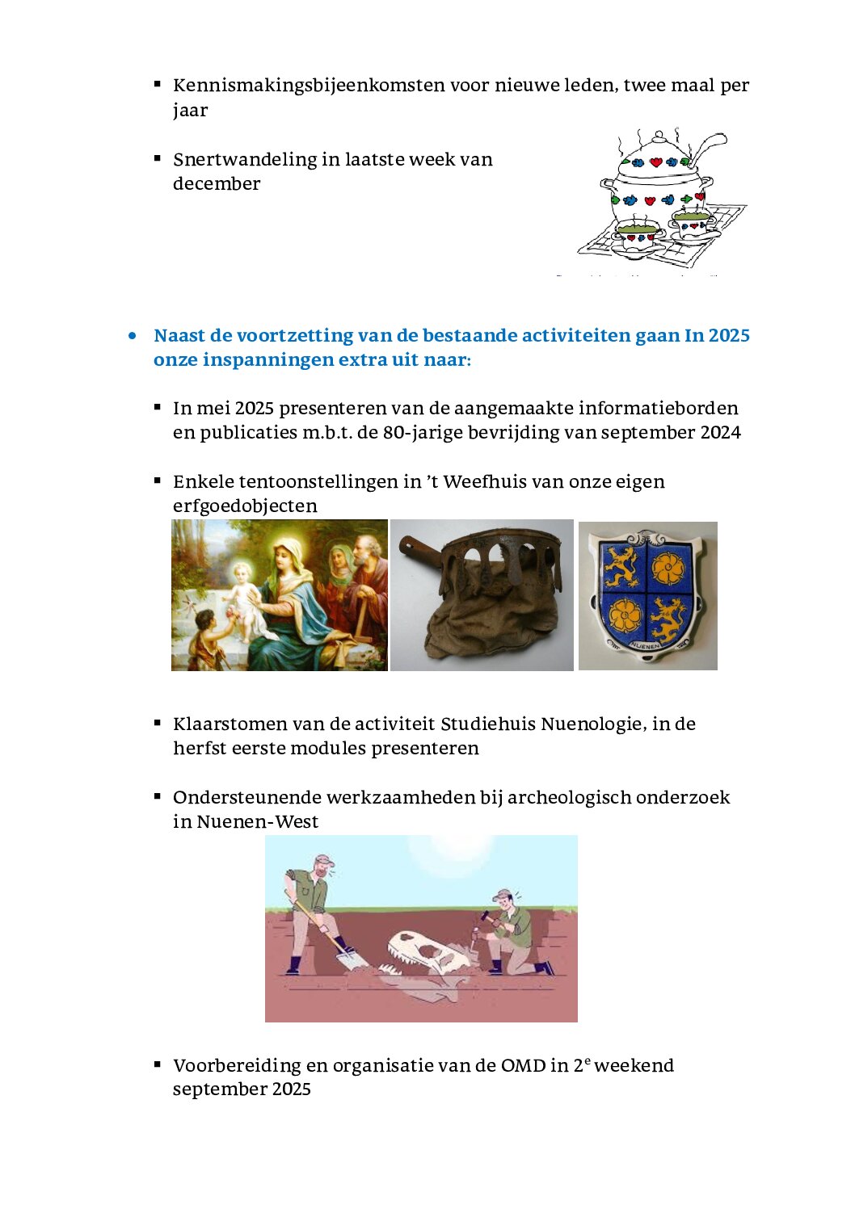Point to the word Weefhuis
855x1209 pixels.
pos(482,482)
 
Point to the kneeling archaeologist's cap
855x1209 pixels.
pos(503,894)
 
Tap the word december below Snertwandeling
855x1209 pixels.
pos(216,184)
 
